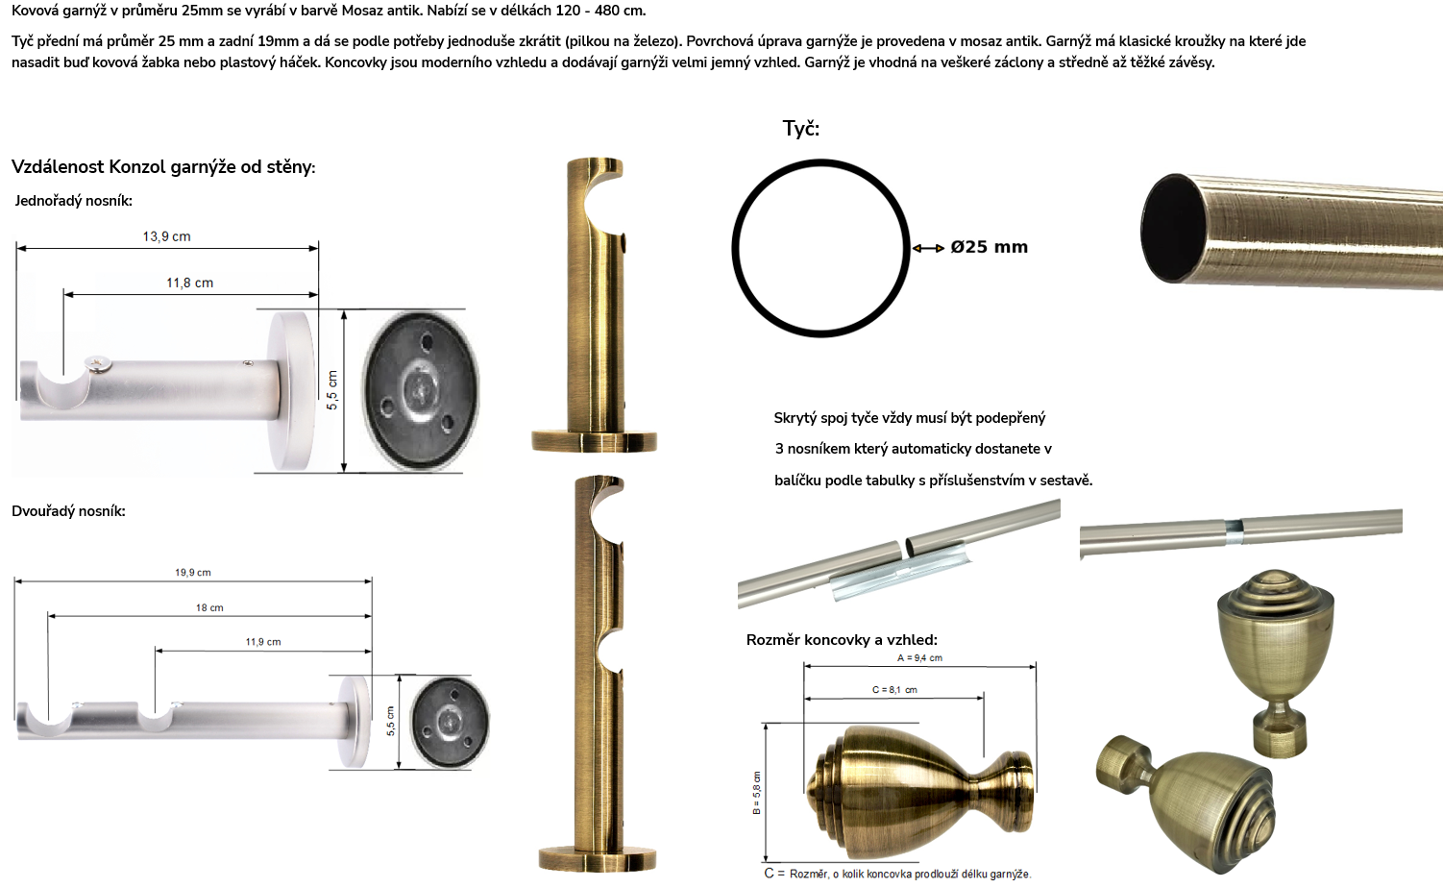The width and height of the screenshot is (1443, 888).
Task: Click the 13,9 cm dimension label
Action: coord(167,236)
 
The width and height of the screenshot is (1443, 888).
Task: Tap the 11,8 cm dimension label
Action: coord(189,283)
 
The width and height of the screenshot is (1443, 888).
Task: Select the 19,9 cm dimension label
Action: coord(192,572)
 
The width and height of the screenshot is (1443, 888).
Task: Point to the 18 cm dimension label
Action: coord(209,607)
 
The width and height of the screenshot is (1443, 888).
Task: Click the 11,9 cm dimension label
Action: coord(263,642)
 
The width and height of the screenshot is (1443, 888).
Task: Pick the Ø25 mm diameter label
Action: coord(989,247)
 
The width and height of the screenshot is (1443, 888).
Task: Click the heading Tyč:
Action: coord(800,128)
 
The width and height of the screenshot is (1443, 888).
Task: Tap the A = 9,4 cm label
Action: coord(919,658)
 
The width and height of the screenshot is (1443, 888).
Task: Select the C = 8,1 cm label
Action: coord(894,689)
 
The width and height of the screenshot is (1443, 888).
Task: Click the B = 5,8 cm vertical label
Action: coord(757,793)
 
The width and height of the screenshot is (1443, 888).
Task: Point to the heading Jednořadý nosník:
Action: coord(73,201)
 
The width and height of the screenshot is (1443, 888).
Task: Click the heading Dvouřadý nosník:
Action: coord(68,511)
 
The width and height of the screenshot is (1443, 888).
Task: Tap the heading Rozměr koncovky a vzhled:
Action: coord(842,640)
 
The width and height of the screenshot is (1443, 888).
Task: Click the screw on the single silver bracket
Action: coord(100,365)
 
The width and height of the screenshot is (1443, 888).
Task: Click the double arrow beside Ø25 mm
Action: coord(928,248)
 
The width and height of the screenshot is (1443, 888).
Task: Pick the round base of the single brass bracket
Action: coord(594,441)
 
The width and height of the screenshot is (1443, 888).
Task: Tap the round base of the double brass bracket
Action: coord(598,858)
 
